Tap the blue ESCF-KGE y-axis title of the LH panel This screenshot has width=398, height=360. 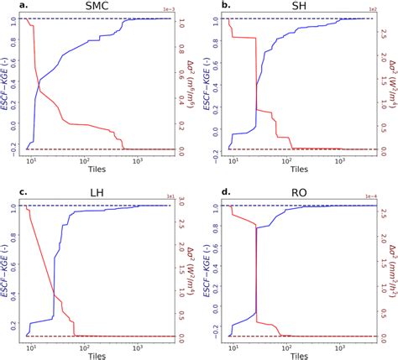click(x=6, y=267)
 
